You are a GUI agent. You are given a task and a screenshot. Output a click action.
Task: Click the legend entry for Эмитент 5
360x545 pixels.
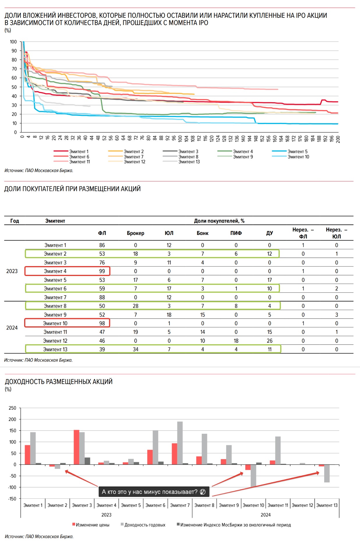tap(297, 151)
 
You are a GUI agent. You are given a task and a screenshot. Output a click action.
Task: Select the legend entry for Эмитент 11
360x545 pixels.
tap(79, 162)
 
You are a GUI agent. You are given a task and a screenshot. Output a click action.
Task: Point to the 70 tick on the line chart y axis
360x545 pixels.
tap(14, 69)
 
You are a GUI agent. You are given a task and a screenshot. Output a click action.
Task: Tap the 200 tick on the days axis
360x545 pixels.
tap(338, 139)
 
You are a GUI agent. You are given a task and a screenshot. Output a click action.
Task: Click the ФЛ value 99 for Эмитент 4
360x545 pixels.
tap(102, 271)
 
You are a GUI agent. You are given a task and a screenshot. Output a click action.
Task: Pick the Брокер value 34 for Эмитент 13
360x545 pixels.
tap(136, 349)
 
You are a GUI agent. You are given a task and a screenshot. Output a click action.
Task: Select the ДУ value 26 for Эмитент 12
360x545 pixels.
tap(269, 341)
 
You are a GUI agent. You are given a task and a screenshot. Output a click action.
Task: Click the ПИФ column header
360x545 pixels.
tap(236, 233)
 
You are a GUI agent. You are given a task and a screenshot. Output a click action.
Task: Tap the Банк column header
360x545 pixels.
tap(203, 233)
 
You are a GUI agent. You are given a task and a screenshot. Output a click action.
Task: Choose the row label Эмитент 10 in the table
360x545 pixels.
tap(55, 323)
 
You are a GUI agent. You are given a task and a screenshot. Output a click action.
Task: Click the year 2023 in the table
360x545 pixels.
tap(12, 271)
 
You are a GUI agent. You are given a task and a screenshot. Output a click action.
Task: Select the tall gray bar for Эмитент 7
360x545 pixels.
tap(180, 443)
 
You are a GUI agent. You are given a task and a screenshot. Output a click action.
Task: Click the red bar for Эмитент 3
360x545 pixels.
tap(77, 447)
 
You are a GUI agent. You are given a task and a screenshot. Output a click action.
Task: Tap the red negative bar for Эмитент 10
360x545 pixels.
tap(248, 467)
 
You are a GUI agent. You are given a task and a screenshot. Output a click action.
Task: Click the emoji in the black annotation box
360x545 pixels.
tap(203, 492)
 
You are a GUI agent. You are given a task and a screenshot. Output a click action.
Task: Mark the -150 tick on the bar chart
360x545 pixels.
tap(13, 498)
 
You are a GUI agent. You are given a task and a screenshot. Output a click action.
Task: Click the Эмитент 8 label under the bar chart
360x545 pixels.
tap(204, 505)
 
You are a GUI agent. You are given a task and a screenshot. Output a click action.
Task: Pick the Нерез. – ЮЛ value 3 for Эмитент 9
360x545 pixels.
tap(336, 315)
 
